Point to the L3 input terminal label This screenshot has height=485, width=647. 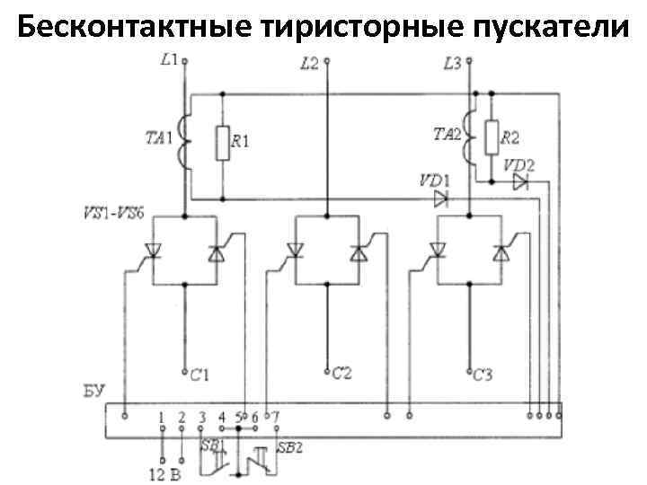pyautogui.click(x=453, y=63)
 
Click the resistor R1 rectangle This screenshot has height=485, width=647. pyautogui.click(x=222, y=143)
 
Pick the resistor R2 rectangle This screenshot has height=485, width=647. pyautogui.click(x=492, y=137)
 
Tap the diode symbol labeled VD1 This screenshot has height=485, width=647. pyautogui.click(x=440, y=198)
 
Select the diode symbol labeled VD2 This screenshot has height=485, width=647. pyautogui.click(x=520, y=182)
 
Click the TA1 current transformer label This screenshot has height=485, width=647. pyautogui.click(x=160, y=138)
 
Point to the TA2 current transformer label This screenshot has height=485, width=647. pyautogui.click(x=447, y=135)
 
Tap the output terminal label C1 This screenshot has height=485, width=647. pyautogui.click(x=199, y=374)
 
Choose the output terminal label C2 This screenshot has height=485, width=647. pyautogui.click(x=342, y=372)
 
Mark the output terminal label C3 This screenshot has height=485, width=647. pyautogui.click(x=483, y=374)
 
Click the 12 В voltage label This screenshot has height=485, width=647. pyautogui.click(x=164, y=473)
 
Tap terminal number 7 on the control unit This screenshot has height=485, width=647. pyautogui.click(x=275, y=417)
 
